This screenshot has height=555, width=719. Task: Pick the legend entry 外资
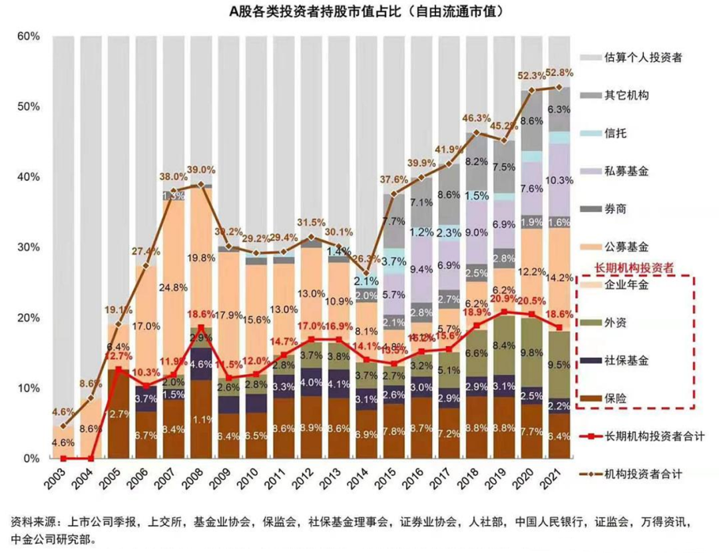(x=614, y=323)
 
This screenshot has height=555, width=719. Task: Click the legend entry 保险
(x=614, y=399)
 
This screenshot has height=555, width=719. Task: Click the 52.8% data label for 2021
(x=559, y=73)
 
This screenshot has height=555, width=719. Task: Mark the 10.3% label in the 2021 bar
(x=559, y=180)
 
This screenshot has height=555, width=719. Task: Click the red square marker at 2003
(x=63, y=459)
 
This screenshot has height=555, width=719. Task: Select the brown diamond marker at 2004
(x=91, y=398)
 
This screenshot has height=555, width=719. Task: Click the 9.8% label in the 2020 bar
(x=532, y=353)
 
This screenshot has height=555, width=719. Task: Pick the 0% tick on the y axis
(x=32, y=459)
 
